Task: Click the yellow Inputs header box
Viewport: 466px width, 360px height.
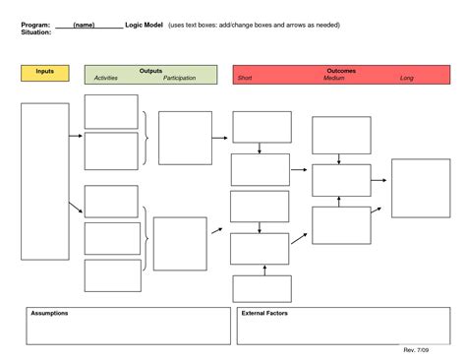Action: click(44, 73)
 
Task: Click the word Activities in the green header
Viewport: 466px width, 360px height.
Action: click(105, 78)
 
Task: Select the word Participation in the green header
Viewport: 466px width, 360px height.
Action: click(179, 78)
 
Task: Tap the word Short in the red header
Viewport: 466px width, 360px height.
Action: click(245, 78)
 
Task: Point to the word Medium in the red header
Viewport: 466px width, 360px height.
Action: click(333, 78)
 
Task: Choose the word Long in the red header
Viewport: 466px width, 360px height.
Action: click(407, 78)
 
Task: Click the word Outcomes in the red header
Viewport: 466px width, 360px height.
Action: click(339, 71)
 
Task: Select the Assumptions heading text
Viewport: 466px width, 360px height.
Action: click(49, 313)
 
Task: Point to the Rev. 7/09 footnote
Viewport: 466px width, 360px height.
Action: click(417, 350)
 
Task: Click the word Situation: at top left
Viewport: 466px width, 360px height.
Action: click(36, 32)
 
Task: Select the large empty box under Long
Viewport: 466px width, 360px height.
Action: click(421, 187)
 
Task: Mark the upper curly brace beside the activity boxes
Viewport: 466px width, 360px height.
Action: click(146, 138)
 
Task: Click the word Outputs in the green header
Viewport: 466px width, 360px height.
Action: click(151, 71)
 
